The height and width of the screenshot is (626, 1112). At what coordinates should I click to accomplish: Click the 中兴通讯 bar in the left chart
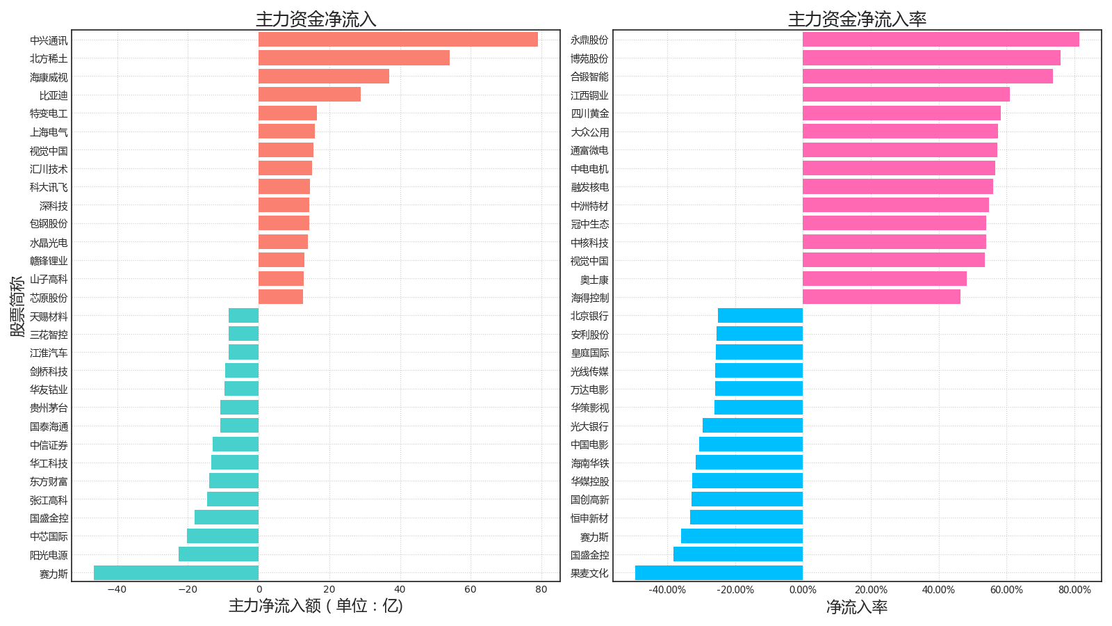point(398,40)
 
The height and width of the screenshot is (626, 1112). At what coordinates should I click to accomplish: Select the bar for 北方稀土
point(354,58)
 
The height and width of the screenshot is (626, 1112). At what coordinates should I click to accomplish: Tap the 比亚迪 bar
point(309,95)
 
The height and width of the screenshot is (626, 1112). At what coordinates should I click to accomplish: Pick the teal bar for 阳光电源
point(218,554)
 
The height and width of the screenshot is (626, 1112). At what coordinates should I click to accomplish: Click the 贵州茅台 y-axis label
point(49,408)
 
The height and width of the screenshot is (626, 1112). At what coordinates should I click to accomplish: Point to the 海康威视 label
point(49,77)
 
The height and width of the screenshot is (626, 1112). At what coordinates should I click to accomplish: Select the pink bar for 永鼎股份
point(940,40)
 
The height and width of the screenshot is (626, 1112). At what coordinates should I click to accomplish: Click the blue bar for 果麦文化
point(719,573)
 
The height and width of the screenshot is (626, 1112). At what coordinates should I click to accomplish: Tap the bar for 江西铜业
point(906,95)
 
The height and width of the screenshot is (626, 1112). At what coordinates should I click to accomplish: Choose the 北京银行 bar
point(760,316)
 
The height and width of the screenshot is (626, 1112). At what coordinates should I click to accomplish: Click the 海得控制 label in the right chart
point(589,298)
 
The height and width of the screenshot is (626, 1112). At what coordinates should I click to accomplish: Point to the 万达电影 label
point(589,390)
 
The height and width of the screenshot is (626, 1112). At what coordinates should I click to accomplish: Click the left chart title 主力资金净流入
point(316,19)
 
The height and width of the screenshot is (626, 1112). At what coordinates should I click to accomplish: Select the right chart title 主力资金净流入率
point(857,19)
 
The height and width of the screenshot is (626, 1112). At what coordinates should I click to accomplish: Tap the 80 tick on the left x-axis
point(541,590)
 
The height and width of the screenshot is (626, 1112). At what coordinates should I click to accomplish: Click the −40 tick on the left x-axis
point(117,590)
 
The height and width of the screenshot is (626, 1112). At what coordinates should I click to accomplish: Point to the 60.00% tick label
point(1006,590)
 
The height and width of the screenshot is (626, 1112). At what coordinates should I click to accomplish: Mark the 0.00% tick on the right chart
point(803,590)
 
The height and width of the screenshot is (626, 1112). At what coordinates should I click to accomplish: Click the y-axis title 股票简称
point(17,306)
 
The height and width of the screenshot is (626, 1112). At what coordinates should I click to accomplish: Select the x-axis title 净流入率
point(857,607)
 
